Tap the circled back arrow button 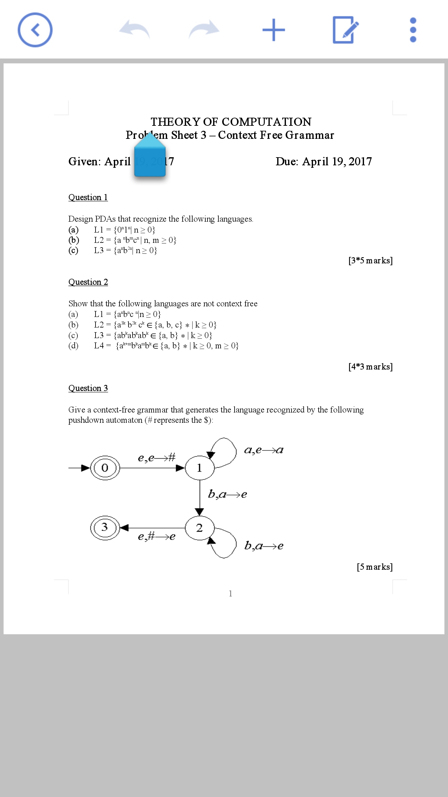tap(35, 30)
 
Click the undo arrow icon tap(135, 30)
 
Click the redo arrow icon tap(204, 30)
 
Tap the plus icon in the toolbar tap(273, 30)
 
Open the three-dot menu tap(413, 30)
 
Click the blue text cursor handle tap(150, 157)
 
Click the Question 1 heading tap(88, 197)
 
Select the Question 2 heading tap(88, 282)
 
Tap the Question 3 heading tap(88, 388)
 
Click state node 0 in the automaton tap(105, 468)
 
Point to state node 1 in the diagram tap(199, 468)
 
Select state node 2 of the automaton tap(199, 528)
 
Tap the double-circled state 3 tap(105, 527)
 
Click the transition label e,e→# tap(156, 458)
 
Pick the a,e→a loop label tap(264, 450)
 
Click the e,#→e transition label tap(156, 536)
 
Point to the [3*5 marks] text tap(370, 260)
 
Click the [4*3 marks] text tap(370, 366)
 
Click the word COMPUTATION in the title tap(267, 122)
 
